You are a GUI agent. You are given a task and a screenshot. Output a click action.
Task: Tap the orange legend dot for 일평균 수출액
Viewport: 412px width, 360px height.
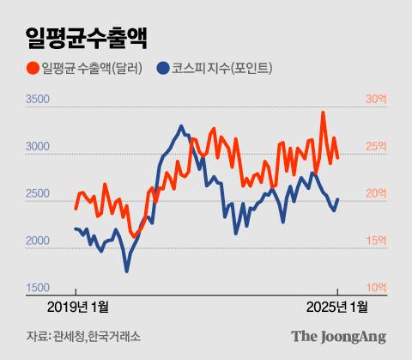(x=33, y=68)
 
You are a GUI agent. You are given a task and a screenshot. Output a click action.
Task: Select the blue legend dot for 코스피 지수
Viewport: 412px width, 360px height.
(x=162, y=68)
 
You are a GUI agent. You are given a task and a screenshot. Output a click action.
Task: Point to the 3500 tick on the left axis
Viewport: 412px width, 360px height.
(x=38, y=101)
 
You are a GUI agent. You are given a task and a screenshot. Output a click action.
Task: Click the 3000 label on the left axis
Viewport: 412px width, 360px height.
(x=38, y=148)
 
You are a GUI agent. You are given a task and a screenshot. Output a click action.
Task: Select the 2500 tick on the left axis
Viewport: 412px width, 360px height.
(x=38, y=195)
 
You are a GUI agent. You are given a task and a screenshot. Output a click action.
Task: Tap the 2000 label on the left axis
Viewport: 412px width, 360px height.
(x=38, y=241)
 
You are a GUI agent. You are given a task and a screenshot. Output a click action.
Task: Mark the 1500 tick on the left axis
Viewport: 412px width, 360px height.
(x=38, y=288)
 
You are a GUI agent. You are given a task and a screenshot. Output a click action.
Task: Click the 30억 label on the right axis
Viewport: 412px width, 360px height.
(x=376, y=100)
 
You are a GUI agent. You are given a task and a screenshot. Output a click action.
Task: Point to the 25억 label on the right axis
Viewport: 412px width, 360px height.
(x=376, y=147)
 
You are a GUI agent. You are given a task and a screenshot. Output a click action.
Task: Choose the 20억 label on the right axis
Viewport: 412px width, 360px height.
(x=376, y=194)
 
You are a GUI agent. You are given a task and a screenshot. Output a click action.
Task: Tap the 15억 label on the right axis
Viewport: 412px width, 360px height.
(x=376, y=241)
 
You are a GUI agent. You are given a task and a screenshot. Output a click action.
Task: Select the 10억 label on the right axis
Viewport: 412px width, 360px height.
(x=376, y=287)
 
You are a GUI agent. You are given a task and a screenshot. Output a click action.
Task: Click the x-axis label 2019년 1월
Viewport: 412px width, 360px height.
(x=78, y=307)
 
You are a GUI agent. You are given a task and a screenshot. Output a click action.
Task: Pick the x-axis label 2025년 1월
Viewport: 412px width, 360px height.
(x=337, y=307)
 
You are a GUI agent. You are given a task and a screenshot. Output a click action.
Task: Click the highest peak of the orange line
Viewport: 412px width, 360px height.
(x=323, y=113)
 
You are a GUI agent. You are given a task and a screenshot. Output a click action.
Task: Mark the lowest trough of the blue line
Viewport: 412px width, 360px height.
(x=127, y=272)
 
